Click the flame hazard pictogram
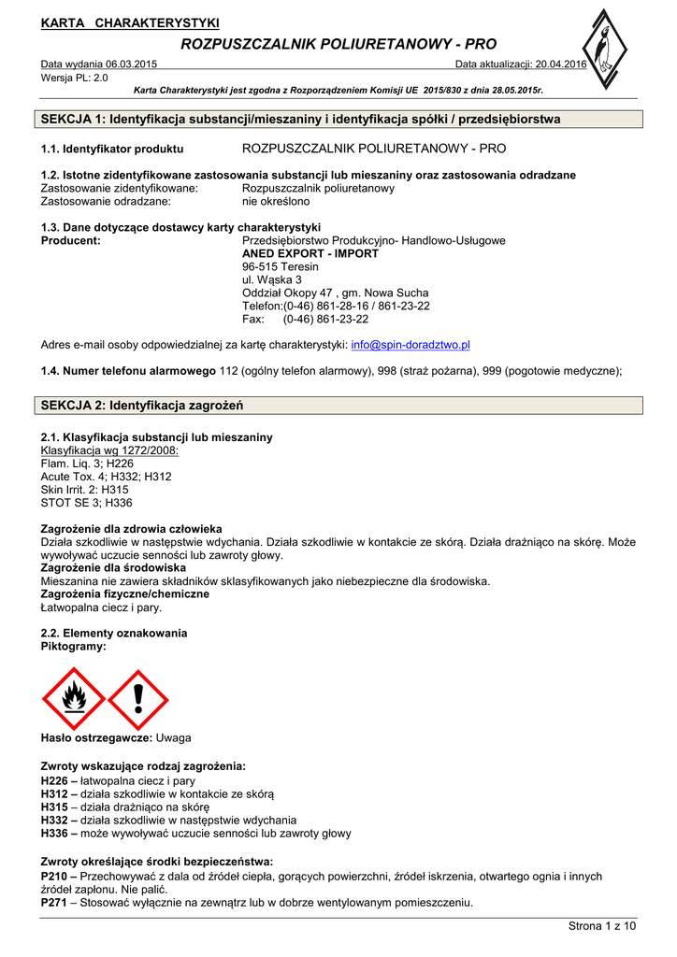(73, 697)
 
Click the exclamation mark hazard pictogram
(137, 697)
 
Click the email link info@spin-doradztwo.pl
(410, 345)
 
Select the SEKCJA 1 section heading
(301, 120)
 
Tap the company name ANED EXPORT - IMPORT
(310, 253)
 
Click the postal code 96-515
(260, 266)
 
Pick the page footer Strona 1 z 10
(602, 926)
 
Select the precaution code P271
(54, 903)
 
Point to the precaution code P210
(54, 877)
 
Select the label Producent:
(71, 240)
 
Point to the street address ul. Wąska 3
(272, 279)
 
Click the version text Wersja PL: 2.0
(75, 78)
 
